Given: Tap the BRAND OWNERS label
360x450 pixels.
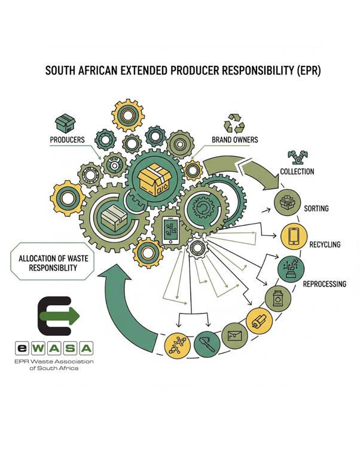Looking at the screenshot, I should pos(235,141).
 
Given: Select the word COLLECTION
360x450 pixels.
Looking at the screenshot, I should pos(297,172).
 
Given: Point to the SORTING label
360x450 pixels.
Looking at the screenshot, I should pos(317,209).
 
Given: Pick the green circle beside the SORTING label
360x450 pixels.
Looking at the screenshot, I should pos(286,203).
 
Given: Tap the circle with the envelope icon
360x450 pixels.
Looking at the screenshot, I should pos(234,336).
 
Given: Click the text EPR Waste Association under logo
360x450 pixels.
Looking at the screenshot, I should pos(54,361).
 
